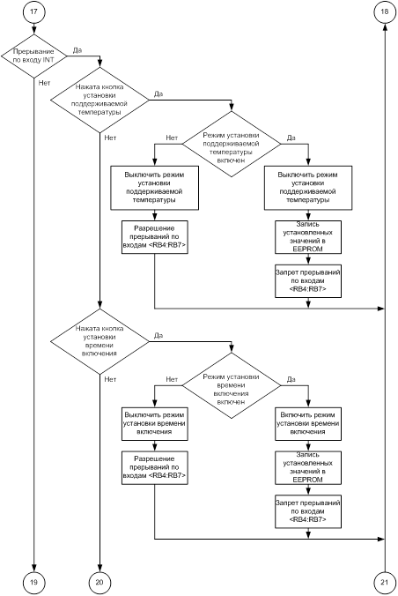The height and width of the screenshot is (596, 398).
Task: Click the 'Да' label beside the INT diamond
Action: (x=77, y=50)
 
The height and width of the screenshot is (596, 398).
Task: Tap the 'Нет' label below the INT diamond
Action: (x=44, y=83)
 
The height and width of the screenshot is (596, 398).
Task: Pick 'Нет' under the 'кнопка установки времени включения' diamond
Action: (x=110, y=379)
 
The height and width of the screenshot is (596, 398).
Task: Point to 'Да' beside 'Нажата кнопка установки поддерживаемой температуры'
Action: (x=158, y=93)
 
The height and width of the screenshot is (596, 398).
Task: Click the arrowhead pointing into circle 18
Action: (x=385, y=26)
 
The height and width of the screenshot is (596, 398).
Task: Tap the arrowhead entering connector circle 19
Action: (x=33, y=568)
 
